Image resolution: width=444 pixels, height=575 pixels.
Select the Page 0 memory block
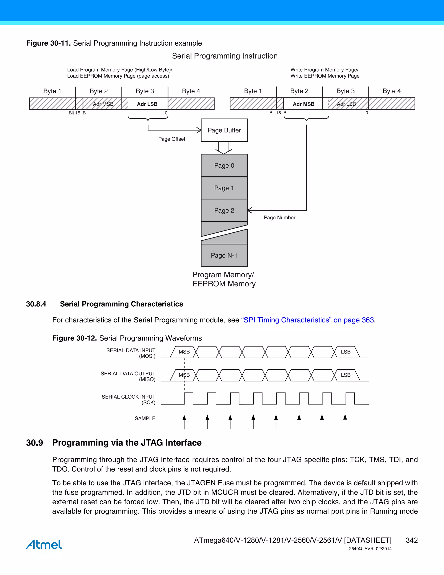point(224,165)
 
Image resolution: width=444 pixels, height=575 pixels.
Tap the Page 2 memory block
point(224,210)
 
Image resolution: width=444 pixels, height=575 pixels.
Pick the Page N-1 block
point(224,255)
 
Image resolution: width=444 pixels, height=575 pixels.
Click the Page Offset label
point(171,139)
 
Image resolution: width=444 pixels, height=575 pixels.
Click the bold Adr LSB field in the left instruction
point(147,104)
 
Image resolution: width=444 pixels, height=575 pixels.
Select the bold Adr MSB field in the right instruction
point(303,104)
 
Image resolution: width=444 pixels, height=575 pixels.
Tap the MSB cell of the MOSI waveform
point(184,352)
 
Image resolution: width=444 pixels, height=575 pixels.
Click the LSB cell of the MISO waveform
point(345,375)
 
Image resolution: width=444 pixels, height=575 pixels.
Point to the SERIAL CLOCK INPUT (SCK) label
point(129,399)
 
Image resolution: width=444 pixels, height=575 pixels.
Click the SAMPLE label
point(145,418)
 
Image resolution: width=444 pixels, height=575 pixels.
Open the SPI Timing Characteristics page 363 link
point(307,320)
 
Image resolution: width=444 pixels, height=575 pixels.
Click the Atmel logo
point(44,544)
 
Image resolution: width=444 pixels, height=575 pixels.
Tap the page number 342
point(412,540)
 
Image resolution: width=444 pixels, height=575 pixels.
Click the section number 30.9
point(34,443)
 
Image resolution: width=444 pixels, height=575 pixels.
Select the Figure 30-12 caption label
point(74,338)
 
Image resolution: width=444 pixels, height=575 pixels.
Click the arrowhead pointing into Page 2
point(250,210)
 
